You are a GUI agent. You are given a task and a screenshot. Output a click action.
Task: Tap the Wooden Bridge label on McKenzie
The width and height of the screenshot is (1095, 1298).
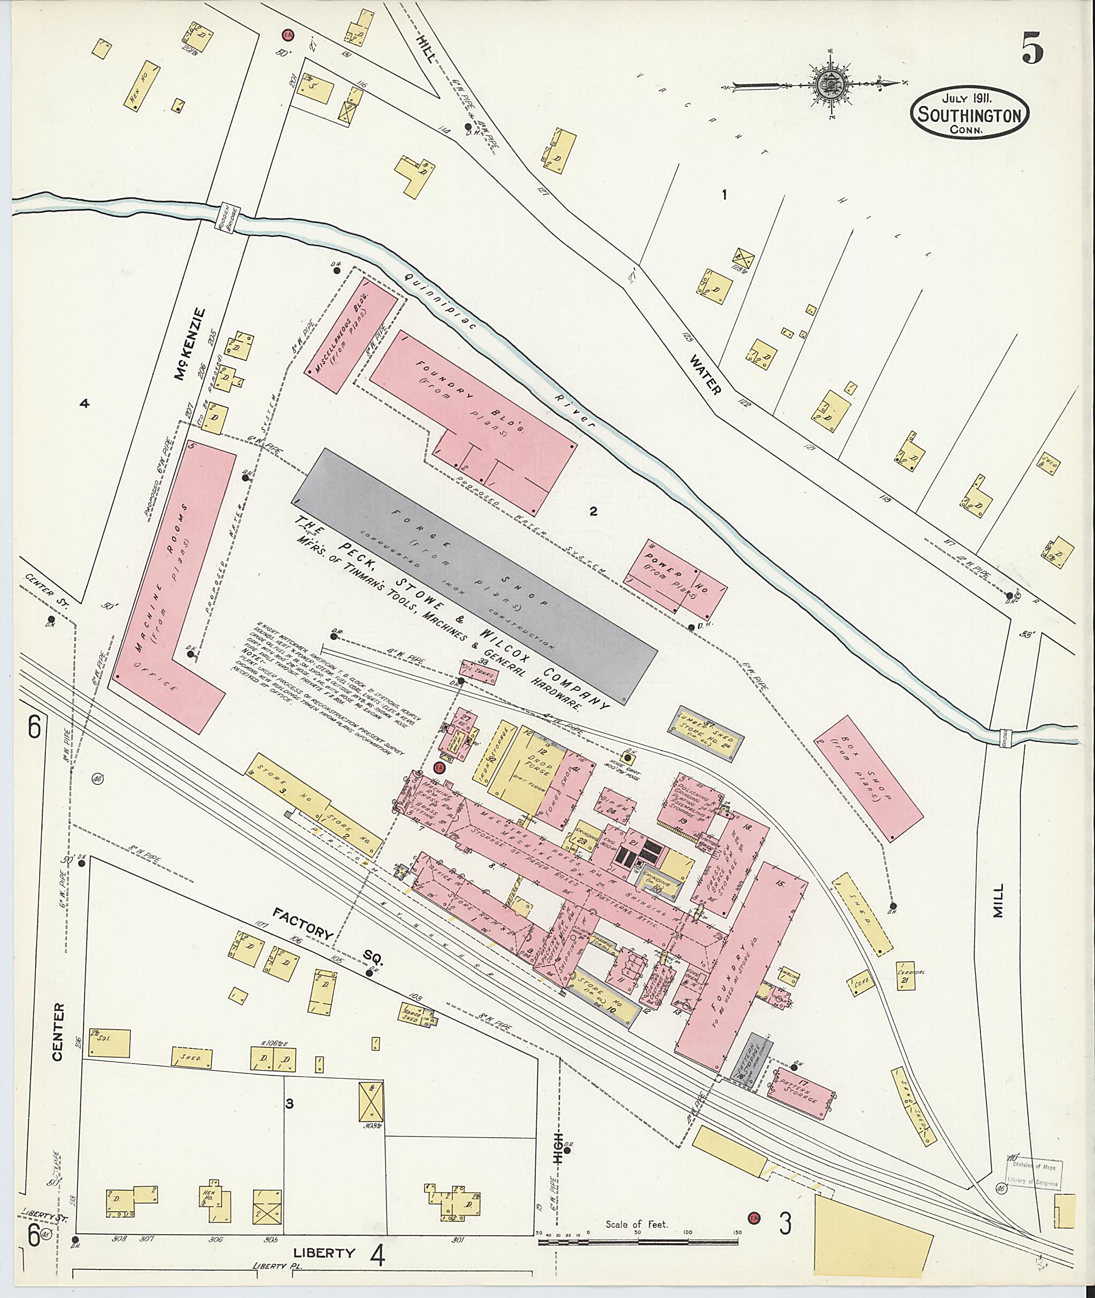coord(227,219)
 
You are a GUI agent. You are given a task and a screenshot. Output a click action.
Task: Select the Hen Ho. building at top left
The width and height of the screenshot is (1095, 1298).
coord(142,86)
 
